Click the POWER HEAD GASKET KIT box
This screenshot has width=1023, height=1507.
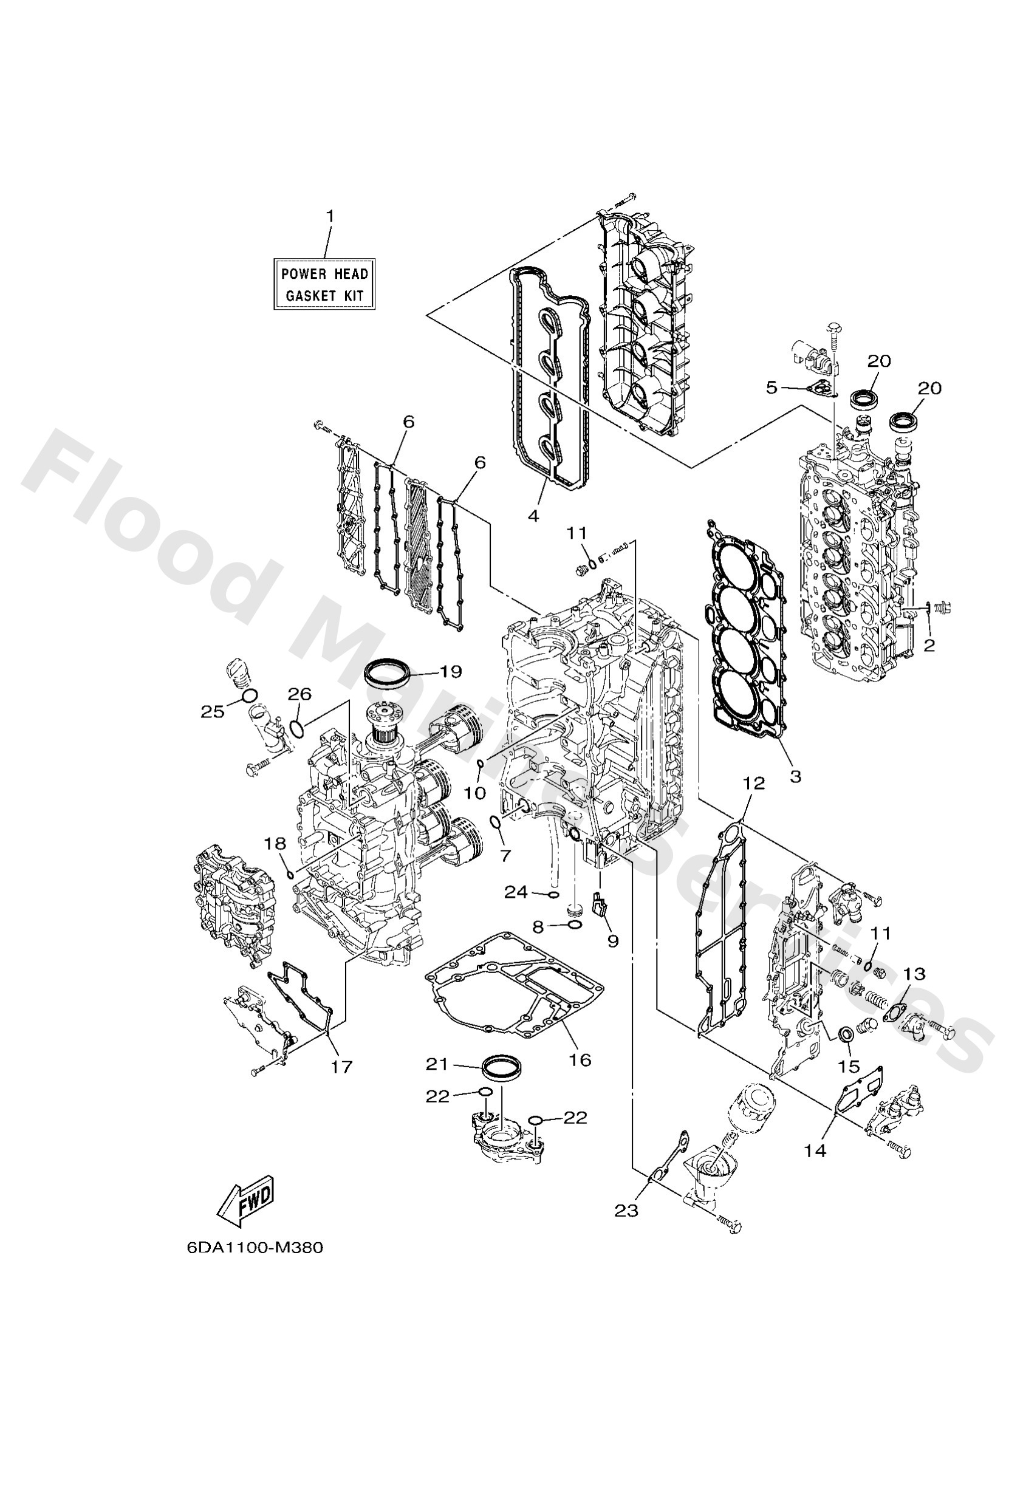point(324,284)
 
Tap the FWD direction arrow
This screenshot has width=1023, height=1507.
point(246,1201)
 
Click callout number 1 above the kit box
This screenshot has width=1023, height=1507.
point(330,216)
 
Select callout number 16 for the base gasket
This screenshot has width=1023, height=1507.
point(580,1059)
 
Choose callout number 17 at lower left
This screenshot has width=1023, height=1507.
point(342,1067)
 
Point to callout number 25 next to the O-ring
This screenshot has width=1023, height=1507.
point(212,711)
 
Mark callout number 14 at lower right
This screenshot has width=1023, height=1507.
point(815,1150)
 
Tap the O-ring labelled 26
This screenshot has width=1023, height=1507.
point(296,730)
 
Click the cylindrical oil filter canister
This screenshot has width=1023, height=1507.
point(753,1102)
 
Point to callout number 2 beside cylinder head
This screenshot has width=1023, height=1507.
point(929,645)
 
